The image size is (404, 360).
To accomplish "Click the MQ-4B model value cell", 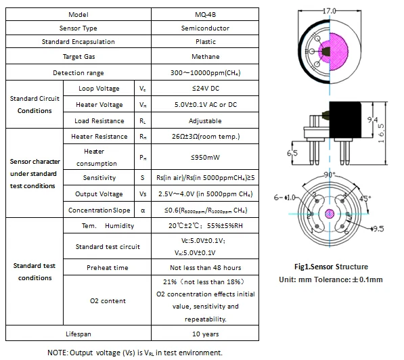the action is [205, 14].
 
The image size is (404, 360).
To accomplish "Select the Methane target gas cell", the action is [205, 56].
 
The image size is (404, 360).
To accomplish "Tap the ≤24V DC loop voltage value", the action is [205, 89].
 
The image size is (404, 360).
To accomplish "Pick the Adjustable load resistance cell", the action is [205, 120].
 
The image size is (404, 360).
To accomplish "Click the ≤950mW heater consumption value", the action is [205, 157].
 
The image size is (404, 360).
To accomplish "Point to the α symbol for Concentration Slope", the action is [143, 210].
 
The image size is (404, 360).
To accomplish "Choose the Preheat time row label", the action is [108, 267].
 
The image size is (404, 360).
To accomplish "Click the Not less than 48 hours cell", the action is [205, 267].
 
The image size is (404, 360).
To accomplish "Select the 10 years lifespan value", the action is [205, 334].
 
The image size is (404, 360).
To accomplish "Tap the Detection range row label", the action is [78, 72].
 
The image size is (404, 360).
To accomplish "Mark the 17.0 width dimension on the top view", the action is [330, 11].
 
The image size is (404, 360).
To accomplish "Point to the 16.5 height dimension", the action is [381, 133].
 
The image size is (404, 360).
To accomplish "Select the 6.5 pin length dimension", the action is [292, 153].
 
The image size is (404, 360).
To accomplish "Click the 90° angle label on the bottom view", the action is [330, 175].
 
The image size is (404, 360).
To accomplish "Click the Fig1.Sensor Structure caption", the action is [331, 267].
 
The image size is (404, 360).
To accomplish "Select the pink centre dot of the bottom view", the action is [330, 214].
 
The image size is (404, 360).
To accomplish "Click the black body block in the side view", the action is [345, 120].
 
